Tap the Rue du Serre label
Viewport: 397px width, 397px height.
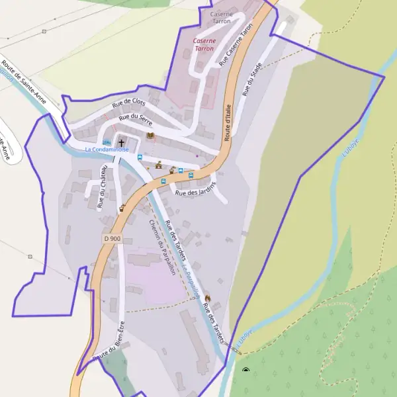click(x=136, y=120)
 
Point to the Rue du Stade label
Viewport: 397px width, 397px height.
click(x=251, y=79)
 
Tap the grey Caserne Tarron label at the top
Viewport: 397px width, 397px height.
click(x=220, y=17)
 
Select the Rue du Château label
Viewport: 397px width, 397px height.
click(x=103, y=187)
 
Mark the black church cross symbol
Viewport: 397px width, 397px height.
click(x=121, y=142)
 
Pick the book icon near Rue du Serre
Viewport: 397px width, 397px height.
click(x=150, y=136)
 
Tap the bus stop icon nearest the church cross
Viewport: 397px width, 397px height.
click(x=140, y=157)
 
